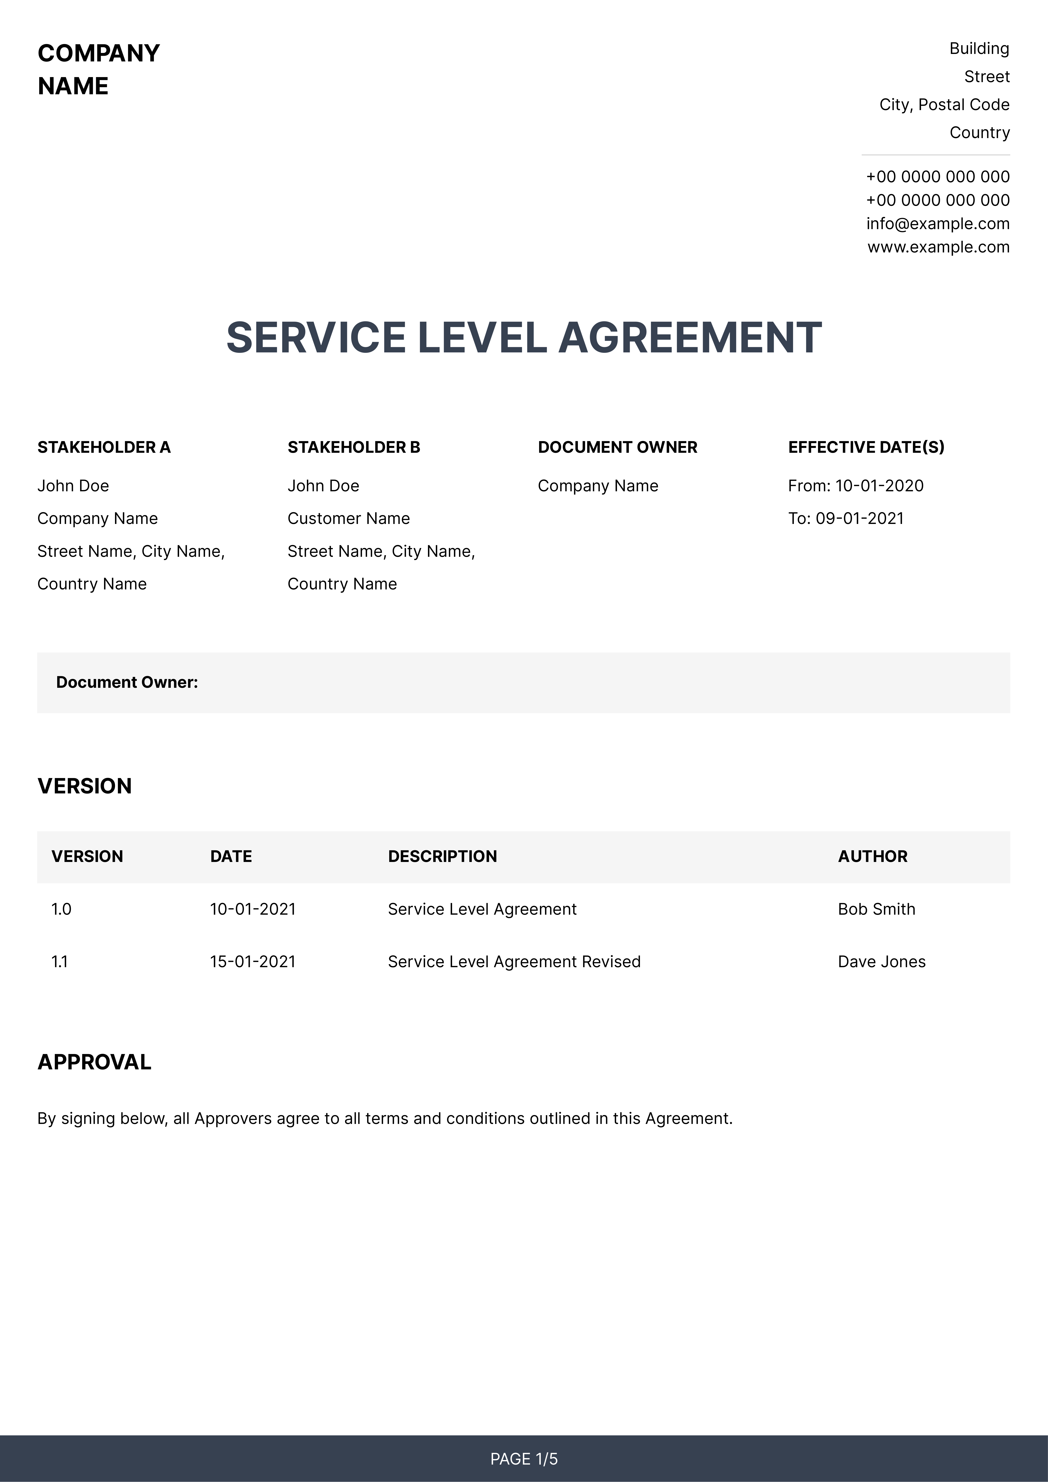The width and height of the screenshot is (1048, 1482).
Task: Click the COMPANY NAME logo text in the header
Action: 98,69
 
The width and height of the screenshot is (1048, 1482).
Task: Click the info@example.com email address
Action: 938,224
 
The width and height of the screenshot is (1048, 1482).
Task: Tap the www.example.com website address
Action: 938,247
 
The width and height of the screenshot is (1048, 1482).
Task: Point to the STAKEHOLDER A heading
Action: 104,447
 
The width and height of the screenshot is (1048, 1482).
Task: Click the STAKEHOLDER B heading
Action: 354,447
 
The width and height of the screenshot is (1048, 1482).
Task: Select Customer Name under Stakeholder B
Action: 349,518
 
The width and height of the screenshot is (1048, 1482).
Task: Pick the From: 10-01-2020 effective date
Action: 856,486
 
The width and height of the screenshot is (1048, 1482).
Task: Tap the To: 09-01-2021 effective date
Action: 846,518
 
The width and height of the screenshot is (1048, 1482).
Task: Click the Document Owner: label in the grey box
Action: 127,682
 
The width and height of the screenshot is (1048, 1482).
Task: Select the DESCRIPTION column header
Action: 442,856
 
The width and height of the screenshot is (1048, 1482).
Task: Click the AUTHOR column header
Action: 872,856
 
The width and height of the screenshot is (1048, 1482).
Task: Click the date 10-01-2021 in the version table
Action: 253,909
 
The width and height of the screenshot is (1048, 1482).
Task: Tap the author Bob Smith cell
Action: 876,909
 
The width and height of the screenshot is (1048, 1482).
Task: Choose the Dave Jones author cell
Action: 881,962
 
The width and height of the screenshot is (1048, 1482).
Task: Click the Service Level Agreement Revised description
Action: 514,962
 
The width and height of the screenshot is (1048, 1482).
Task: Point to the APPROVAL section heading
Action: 94,1062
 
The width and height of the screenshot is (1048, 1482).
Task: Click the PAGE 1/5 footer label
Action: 524,1459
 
